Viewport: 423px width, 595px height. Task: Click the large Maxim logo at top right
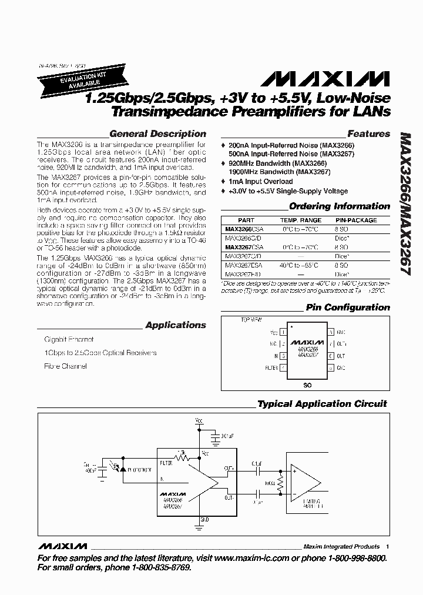point(324,79)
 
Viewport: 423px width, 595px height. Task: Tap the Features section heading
point(368,133)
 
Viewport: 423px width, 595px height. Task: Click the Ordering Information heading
point(340,206)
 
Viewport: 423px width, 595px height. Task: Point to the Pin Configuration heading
point(347,307)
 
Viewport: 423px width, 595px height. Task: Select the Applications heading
point(176,325)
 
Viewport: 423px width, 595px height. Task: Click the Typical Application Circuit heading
point(322,404)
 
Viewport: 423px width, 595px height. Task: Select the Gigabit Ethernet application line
point(69,340)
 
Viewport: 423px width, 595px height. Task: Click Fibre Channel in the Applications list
point(66,366)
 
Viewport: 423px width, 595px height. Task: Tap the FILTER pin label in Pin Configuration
point(271,368)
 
